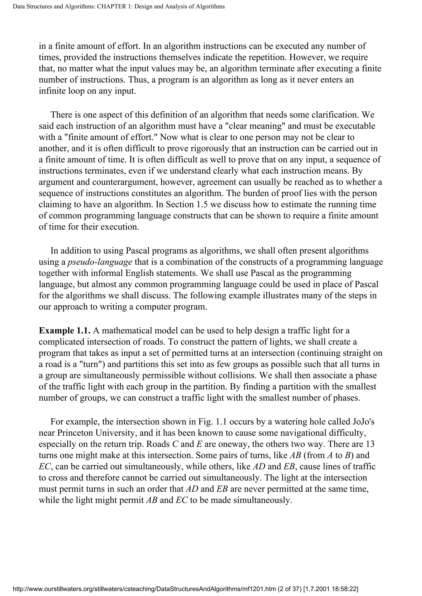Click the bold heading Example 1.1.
click(x=65, y=330)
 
